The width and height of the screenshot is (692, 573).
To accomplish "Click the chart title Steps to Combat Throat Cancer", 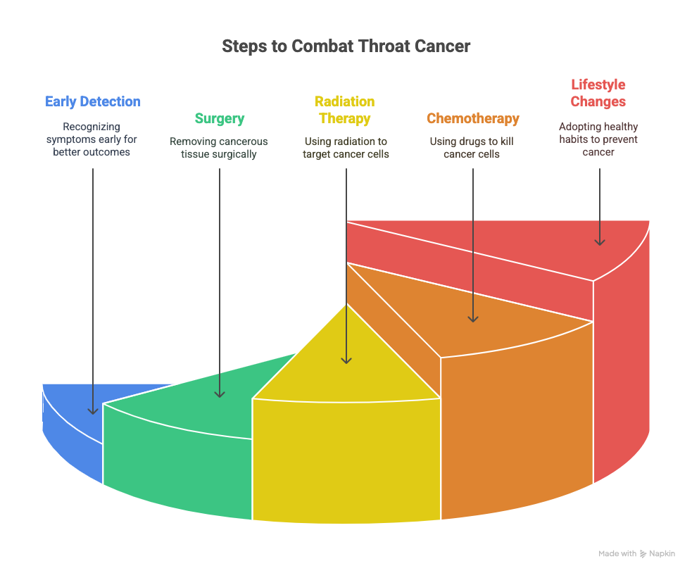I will point(346,46).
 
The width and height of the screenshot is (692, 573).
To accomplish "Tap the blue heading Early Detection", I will point(93,101).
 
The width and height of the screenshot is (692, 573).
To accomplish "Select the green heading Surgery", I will point(219,118).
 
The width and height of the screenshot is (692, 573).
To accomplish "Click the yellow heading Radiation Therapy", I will point(345,110).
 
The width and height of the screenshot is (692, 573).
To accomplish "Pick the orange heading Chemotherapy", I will point(472,118).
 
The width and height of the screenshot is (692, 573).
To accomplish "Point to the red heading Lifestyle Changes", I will point(598,93).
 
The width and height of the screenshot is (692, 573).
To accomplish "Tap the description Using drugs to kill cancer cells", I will point(472,147).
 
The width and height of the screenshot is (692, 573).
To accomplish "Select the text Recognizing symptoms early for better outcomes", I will point(92,139).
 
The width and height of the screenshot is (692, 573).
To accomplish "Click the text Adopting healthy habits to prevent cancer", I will point(598,139).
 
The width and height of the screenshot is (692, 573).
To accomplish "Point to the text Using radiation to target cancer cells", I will point(346,147).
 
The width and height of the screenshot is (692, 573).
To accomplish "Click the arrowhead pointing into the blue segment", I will point(93,410).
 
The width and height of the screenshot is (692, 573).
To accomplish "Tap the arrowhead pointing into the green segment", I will point(220,393).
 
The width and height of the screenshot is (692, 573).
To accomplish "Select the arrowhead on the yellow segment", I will point(346,360).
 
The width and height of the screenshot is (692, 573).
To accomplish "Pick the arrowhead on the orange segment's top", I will point(473,318).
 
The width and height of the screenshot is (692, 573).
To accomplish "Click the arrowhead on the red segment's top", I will point(600,241).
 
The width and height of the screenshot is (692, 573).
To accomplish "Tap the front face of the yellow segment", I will point(346,458).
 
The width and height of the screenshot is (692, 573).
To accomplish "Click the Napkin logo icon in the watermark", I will point(643,554).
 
